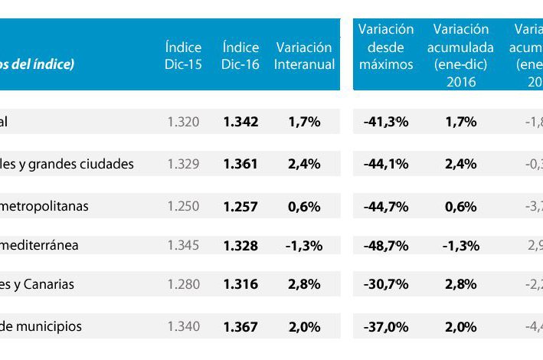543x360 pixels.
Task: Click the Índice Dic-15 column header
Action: (183, 56)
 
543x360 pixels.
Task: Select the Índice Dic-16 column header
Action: (240, 56)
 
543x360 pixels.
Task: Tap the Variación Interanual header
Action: (304, 56)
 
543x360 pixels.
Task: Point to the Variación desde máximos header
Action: (386, 47)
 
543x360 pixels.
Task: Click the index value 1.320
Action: (183, 122)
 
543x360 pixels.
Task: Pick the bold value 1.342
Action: (240, 122)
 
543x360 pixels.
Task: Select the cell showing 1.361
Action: (240, 164)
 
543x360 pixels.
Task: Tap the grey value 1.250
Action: (183, 206)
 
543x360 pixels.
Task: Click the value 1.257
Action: (240, 206)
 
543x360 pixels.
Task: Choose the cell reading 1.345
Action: (183, 246)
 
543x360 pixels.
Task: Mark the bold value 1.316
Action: (240, 285)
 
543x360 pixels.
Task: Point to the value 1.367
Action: (240, 327)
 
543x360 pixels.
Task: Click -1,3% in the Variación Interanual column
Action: (304, 246)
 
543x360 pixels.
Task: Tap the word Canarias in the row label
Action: (48, 285)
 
